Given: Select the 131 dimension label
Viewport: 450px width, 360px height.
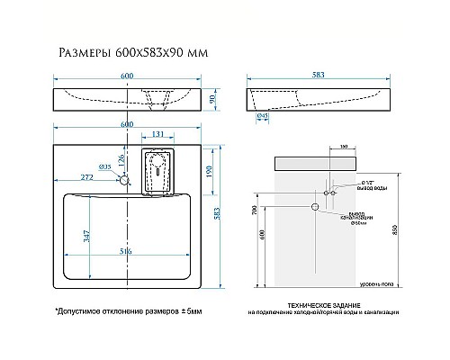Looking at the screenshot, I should click(158, 136).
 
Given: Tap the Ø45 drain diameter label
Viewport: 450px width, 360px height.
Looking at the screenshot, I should click(262, 118).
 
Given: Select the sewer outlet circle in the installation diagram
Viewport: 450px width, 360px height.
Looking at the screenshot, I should click(316, 208).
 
